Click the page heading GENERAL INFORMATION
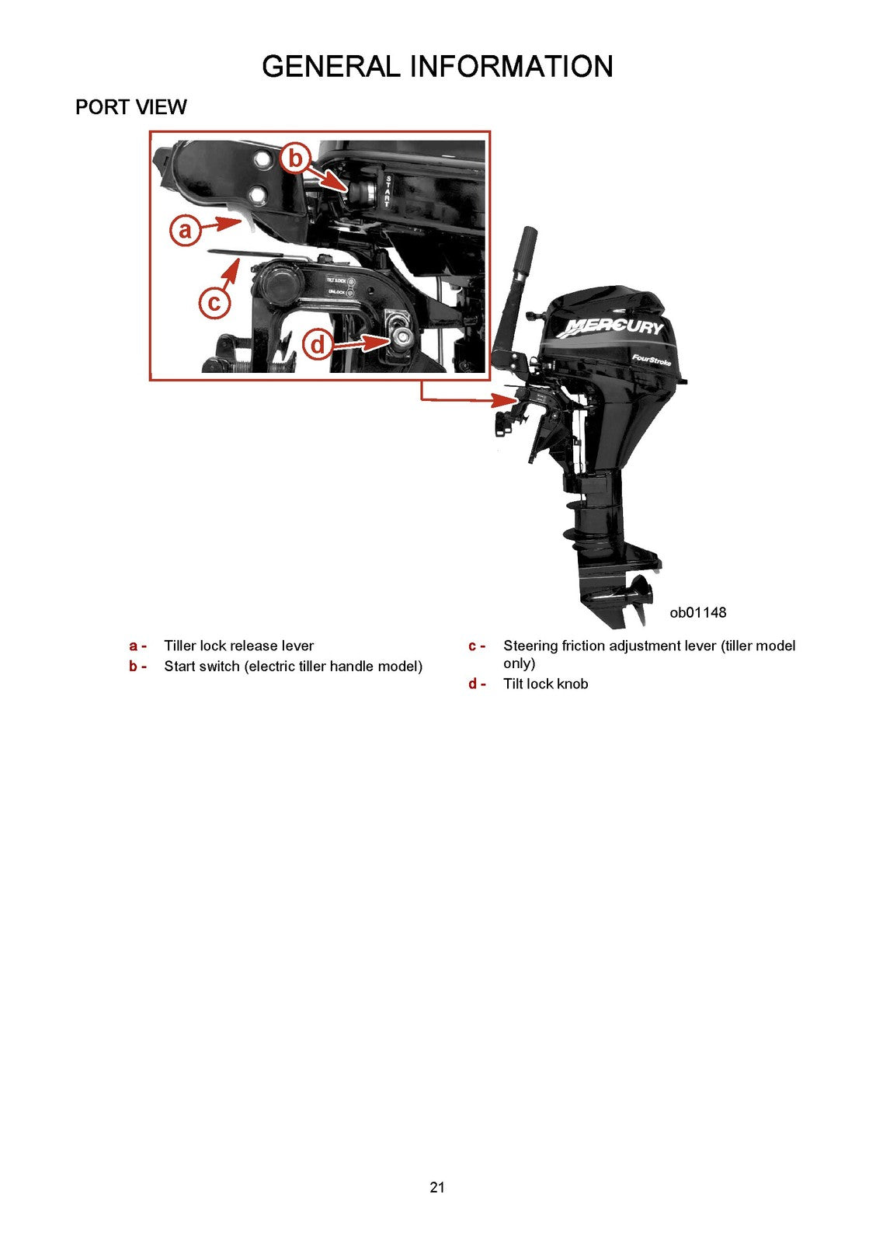pos(437,67)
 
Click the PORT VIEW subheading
pos(130,107)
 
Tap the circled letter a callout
pos(185,230)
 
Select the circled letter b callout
pos(295,158)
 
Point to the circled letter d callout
pos(318,343)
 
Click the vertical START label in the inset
pos(388,191)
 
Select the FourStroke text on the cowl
pos(651,360)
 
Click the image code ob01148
pos(697,612)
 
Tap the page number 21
pos(437,1187)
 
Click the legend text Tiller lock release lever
pos(238,646)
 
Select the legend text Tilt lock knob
pos(545,684)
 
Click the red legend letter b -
pos(137,666)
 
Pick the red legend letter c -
pos(476,646)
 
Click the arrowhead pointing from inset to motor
pos(508,400)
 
